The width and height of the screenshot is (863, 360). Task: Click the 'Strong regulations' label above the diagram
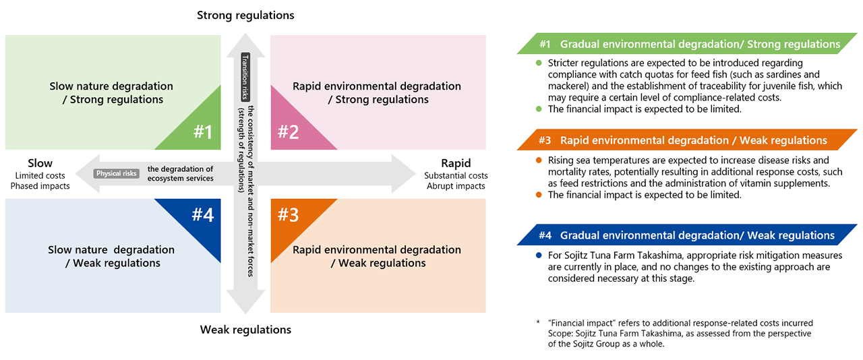click(x=245, y=15)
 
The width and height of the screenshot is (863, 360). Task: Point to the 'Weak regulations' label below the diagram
click(x=245, y=330)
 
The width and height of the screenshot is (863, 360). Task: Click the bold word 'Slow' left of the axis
click(x=40, y=163)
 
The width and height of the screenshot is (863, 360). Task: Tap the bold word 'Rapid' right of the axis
click(x=456, y=163)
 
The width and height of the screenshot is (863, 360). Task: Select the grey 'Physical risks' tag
click(x=117, y=173)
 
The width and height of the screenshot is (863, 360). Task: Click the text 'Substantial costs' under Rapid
click(x=456, y=176)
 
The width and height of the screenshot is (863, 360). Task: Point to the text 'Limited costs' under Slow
click(x=40, y=176)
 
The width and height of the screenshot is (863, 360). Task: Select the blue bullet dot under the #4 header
click(x=539, y=256)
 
